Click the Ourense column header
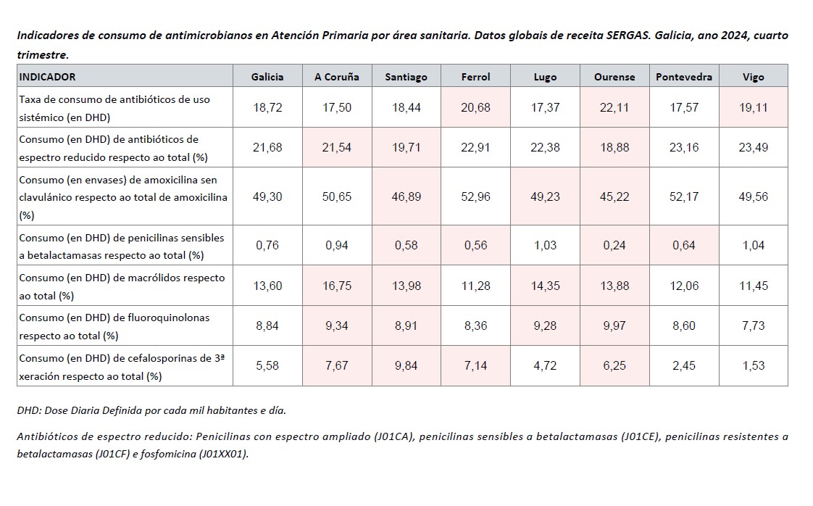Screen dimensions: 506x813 (x=614, y=77)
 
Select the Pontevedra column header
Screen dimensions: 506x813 (x=683, y=77)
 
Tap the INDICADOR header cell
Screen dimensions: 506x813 (x=47, y=77)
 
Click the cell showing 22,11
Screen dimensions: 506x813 (x=614, y=107)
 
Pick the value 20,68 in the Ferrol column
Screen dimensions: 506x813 (x=475, y=107)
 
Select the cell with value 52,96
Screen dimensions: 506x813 (x=475, y=197)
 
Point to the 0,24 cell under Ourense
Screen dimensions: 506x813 (x=614, y=245)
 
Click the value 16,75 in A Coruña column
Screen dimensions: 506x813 (x=337, y=286)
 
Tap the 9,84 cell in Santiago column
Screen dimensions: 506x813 (x=406, y=365)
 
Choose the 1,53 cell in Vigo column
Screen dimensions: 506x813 (x=753, y=365)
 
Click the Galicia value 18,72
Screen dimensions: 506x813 (x=267, y=107)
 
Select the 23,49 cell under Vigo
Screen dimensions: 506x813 (x=753, y=147)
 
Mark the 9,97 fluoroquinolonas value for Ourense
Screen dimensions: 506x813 (x=614, y=325)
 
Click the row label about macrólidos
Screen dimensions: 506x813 (x=122, y=285)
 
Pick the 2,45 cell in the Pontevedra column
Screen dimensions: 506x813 (x=683, y=365)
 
